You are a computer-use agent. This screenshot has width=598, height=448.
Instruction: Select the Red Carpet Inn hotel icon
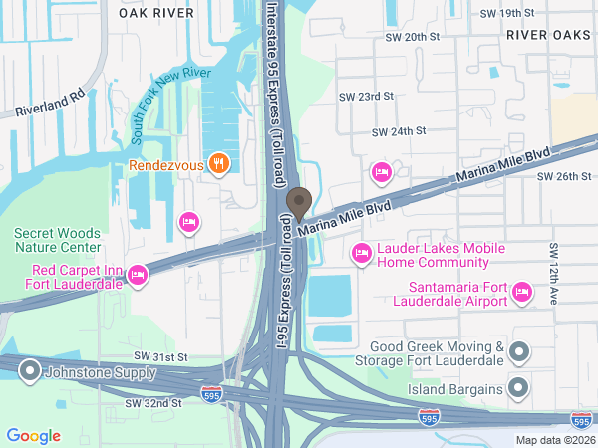coord(139,275)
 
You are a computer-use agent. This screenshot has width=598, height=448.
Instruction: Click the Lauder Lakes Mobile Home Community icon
coord(363,255)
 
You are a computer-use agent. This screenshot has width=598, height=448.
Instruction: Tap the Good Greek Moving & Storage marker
coord(518,351)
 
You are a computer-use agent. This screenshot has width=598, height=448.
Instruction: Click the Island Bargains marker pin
coord(518,386)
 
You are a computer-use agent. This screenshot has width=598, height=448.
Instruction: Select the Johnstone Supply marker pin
coord(28,372)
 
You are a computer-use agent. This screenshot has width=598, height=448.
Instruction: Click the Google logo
coord(34,435)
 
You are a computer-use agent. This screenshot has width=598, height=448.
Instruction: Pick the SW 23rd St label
coord(367,97)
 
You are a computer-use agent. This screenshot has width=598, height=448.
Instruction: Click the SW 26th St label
coord(564,176)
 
